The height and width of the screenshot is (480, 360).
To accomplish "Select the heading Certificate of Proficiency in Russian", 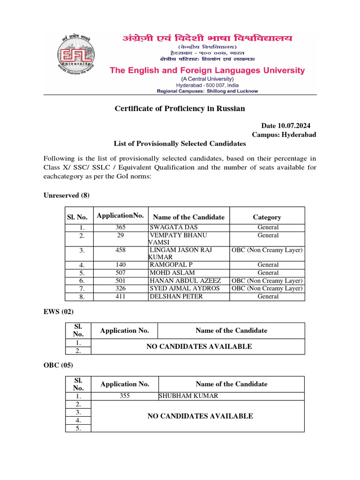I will coord(180,109).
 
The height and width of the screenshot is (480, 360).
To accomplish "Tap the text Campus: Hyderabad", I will coord(284,135).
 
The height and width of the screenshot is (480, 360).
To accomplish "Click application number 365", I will coord(121,227).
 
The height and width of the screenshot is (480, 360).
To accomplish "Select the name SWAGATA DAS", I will coord(173,227).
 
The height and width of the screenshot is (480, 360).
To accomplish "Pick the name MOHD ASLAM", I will coord(172,272).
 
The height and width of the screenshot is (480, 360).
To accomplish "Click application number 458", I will coord(121,250).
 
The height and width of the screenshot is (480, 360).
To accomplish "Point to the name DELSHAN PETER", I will coord(177,296).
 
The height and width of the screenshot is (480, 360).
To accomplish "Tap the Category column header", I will coord(267,217).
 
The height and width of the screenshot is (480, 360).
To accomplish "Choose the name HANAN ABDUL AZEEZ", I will coord(185,280).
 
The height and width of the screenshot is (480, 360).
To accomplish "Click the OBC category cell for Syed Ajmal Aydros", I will coord(267,288).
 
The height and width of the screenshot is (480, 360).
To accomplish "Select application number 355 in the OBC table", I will coord(124,396).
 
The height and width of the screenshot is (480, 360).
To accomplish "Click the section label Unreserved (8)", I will coord(66,195).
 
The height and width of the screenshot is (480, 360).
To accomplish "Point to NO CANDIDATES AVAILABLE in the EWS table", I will coord(199,346).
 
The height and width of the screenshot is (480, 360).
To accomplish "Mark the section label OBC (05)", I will coord(59,365).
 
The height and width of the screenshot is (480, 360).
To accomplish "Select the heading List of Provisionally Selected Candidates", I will coord(180,143).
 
